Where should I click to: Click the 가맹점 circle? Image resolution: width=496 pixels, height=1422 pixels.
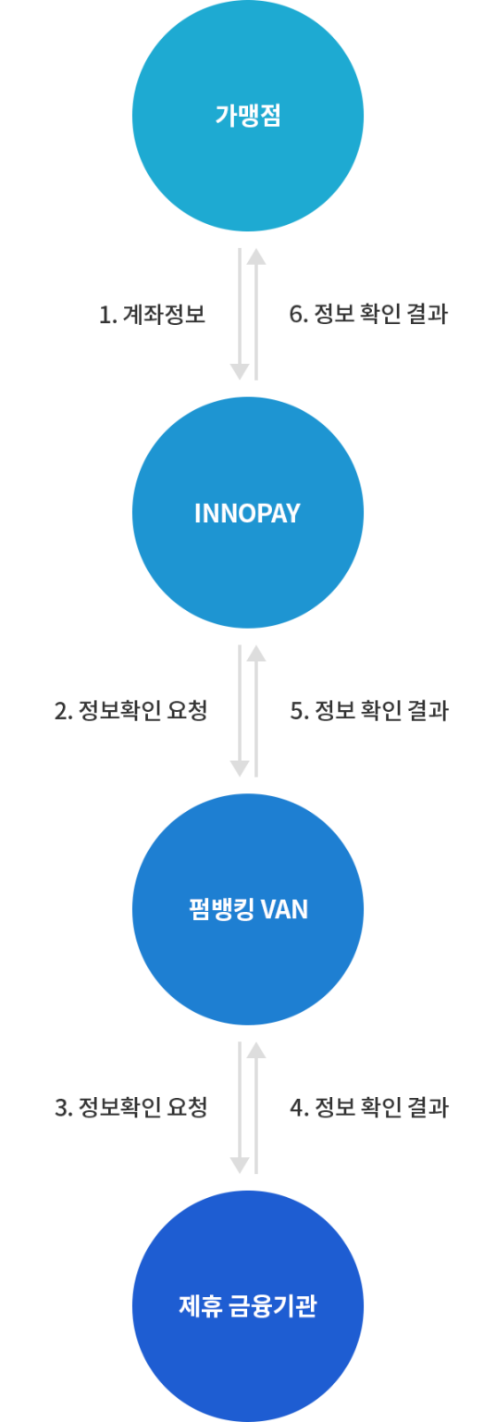248,116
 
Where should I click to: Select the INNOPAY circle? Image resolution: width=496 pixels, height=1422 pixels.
248,512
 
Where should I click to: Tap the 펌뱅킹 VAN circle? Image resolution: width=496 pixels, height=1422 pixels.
248,909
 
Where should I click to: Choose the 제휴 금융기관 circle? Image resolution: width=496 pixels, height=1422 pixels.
248,1306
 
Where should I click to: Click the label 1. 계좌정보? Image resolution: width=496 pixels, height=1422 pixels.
152,315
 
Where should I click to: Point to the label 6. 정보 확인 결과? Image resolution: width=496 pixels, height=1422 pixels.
368,315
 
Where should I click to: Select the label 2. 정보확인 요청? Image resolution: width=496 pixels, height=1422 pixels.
130,711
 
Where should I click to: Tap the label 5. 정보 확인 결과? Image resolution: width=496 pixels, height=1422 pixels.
368,711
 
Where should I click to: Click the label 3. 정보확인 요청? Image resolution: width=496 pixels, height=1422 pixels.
130,1107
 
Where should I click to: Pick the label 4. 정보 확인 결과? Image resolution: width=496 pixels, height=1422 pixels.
368,1107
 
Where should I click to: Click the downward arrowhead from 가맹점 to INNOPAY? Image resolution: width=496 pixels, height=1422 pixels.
240,371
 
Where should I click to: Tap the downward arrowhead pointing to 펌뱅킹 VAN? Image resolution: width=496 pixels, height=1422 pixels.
240,767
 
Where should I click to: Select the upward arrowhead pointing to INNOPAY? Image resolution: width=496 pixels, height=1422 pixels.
256,654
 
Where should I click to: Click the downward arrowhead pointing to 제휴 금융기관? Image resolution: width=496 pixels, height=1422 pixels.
240,1165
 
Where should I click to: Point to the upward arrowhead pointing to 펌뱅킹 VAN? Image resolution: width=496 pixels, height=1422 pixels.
256,1050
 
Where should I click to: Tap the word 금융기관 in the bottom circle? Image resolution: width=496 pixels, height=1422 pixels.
273,1306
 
